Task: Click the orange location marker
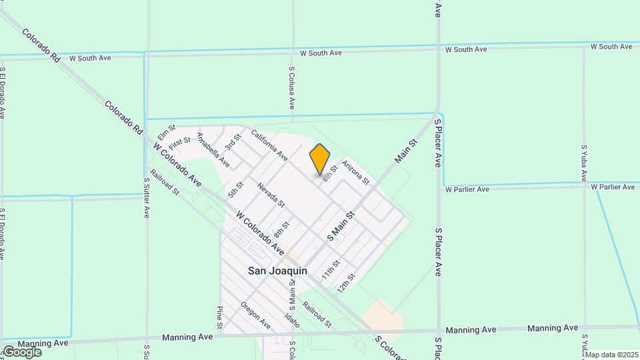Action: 320,159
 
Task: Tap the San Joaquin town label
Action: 277,271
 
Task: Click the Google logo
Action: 21,351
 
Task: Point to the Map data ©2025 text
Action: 611,355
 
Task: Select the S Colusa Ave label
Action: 292,87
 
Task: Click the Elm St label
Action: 167,132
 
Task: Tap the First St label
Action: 179,143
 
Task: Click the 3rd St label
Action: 232,142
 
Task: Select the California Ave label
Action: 269,145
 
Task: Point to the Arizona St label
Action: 355,171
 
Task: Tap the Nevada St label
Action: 271,195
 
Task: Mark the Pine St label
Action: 219,317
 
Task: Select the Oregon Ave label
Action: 256,315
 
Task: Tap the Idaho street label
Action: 292,320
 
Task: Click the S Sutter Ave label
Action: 147,198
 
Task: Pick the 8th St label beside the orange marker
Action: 330,173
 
